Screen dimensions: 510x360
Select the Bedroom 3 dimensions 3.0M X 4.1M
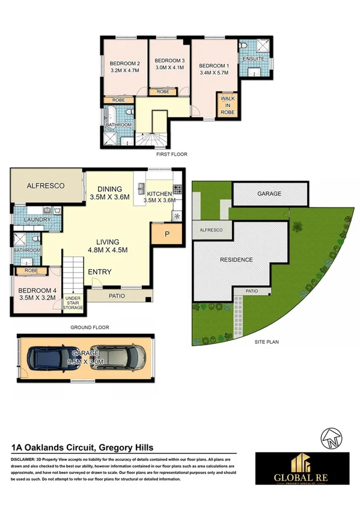point(169,69)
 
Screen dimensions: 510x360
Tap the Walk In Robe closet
point(228,105)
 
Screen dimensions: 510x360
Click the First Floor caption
point(171,155)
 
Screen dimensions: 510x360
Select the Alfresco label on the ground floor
point(46,186)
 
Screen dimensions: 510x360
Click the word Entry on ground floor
point(100,272)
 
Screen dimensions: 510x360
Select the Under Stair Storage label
point(73,303)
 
